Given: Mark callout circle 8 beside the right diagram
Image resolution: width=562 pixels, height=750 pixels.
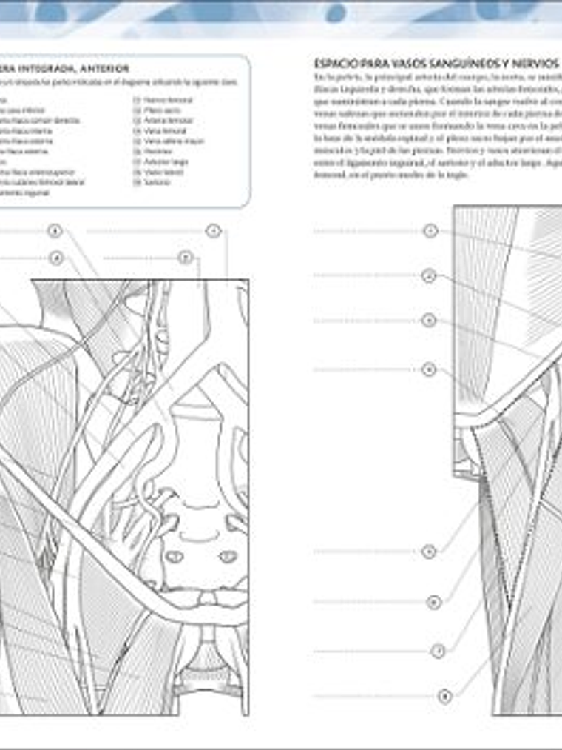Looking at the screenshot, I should (x=444, y=696).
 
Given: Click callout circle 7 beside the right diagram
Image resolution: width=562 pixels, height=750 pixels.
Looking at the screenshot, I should (x=438, y=652).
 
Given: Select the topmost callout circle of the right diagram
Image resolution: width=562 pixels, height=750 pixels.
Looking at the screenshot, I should (x=430, y=231).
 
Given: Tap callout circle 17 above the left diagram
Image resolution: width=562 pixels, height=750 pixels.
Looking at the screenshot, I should (x=186, y=258).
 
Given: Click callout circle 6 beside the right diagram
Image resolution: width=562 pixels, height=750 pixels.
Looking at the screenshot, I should (x=435, y=602).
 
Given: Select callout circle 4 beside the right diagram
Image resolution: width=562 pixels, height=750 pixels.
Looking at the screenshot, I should (x=429, y=369).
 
